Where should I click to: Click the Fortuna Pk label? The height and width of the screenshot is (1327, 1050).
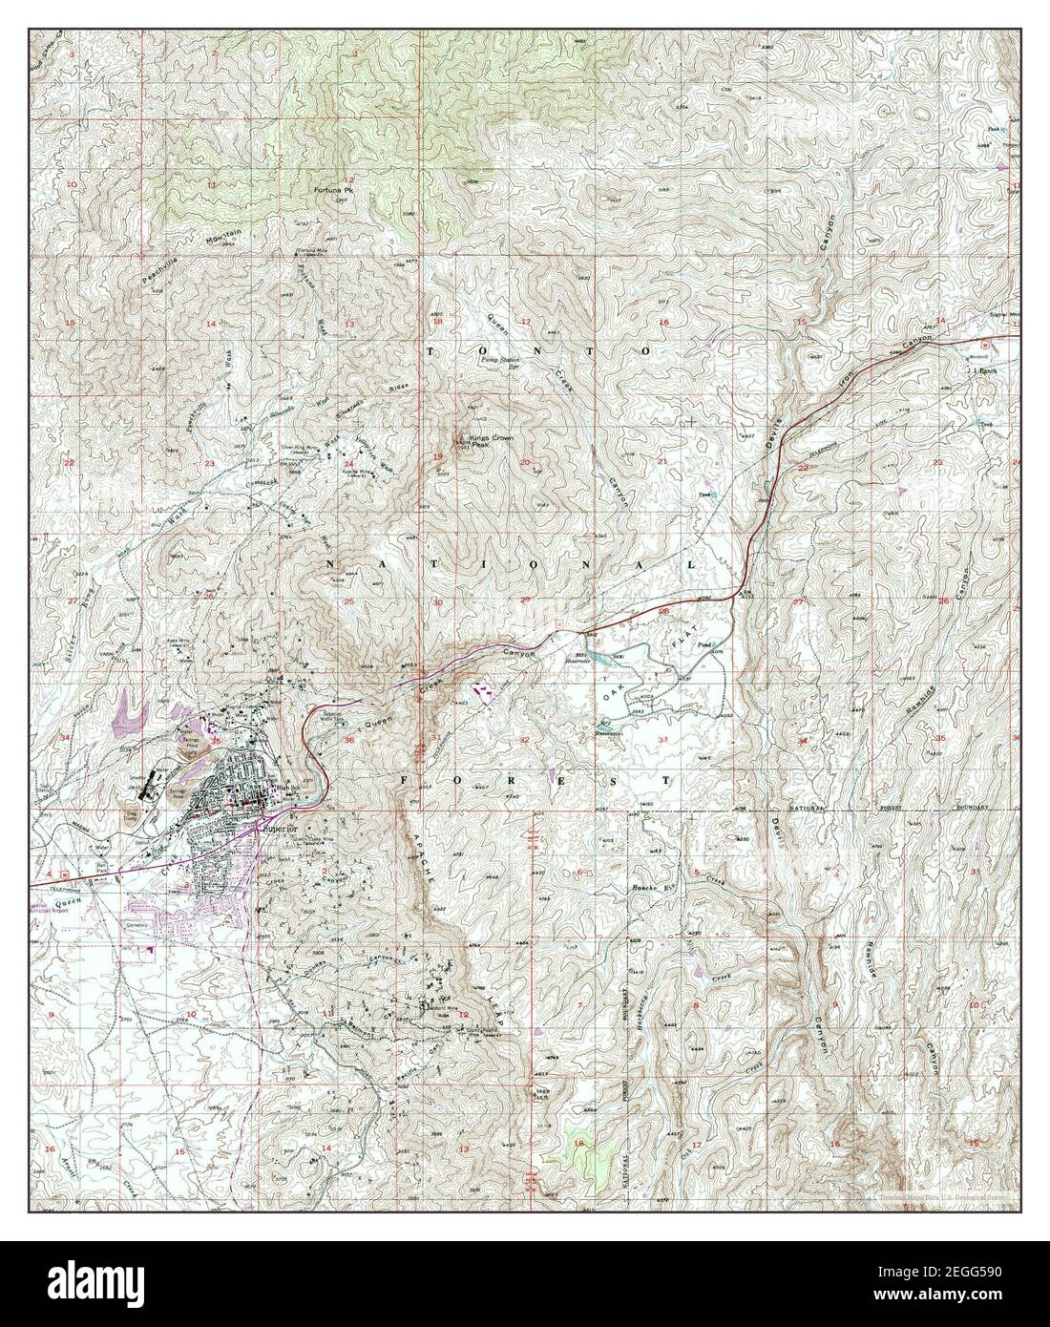tap(334, 191)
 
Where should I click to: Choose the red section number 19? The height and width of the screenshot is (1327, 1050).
tap(437, 458)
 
